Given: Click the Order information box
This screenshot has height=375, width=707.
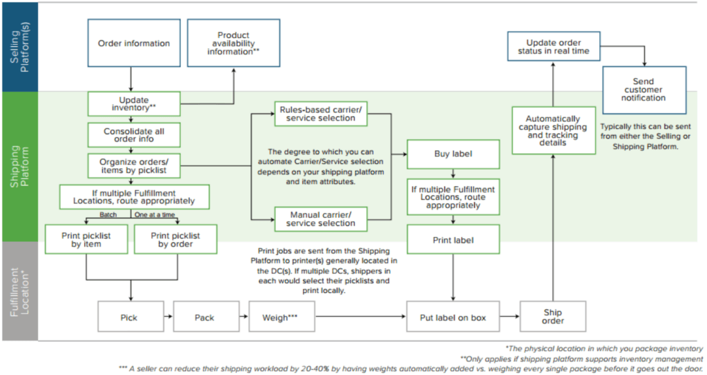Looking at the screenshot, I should [x=133, y=43].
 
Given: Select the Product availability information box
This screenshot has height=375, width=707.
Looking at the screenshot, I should [x=233, y=43].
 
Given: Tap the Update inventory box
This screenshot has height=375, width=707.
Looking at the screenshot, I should [x=133, y=104].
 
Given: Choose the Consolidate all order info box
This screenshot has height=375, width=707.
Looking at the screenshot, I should [x=133, y=134].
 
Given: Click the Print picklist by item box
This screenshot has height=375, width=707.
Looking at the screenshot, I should [x=86, y=239].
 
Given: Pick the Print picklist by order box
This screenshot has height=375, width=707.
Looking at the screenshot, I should [x=175, y=239].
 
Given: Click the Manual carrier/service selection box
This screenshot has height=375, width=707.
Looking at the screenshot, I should [x=320, y=219].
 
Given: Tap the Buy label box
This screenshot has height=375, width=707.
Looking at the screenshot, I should [x=452, y=155].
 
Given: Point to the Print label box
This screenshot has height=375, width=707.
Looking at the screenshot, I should [x=452, y=241].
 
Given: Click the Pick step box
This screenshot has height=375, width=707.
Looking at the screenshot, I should [x=128, y=317].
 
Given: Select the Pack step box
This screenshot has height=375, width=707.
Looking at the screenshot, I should [x=204, y=317].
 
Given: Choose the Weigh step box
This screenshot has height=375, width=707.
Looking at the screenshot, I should [x=280, y=317].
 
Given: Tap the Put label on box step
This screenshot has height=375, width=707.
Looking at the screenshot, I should [x=453, y=317].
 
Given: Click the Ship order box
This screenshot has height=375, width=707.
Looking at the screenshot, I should [x=553, y=316].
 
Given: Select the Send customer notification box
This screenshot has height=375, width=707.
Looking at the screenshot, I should [x=644, y=90].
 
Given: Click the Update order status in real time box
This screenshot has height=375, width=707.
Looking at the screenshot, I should [x=553, y=47].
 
